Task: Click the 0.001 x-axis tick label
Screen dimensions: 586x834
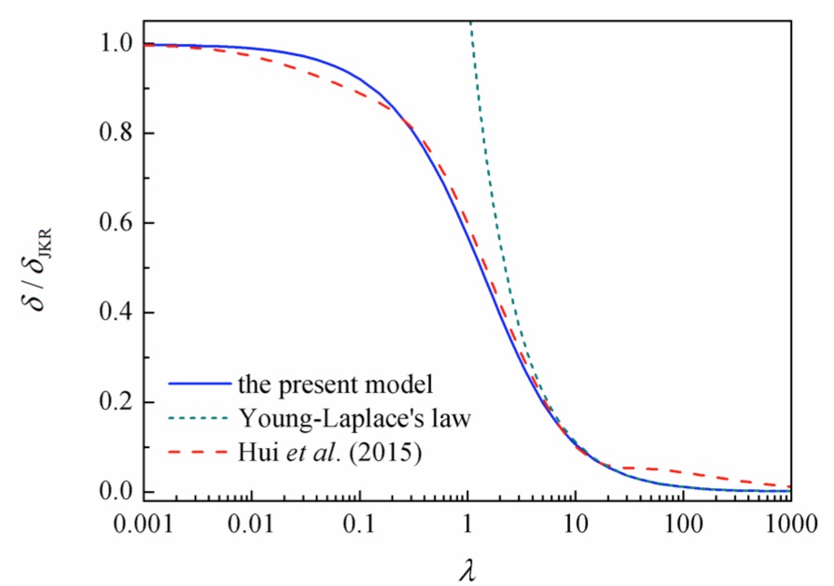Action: pos(144,520)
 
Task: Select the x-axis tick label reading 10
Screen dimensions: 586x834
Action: pos(576,520)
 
